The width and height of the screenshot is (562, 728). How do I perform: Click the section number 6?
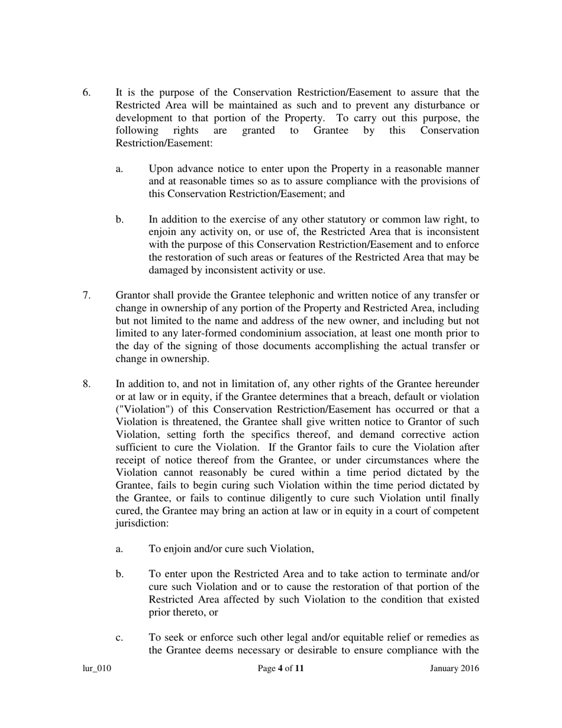click(86, 92)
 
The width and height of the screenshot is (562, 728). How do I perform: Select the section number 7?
click(86, 295)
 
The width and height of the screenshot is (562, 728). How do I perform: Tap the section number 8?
click(86, 384)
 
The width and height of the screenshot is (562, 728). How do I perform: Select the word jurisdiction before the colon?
click(141, 523)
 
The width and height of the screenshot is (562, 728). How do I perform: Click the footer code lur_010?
click(96, 669)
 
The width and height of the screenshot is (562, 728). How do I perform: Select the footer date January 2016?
click(454, 669)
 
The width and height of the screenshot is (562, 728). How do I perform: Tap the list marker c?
click(119, 637)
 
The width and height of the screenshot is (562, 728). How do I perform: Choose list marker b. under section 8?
click(119, 574)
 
